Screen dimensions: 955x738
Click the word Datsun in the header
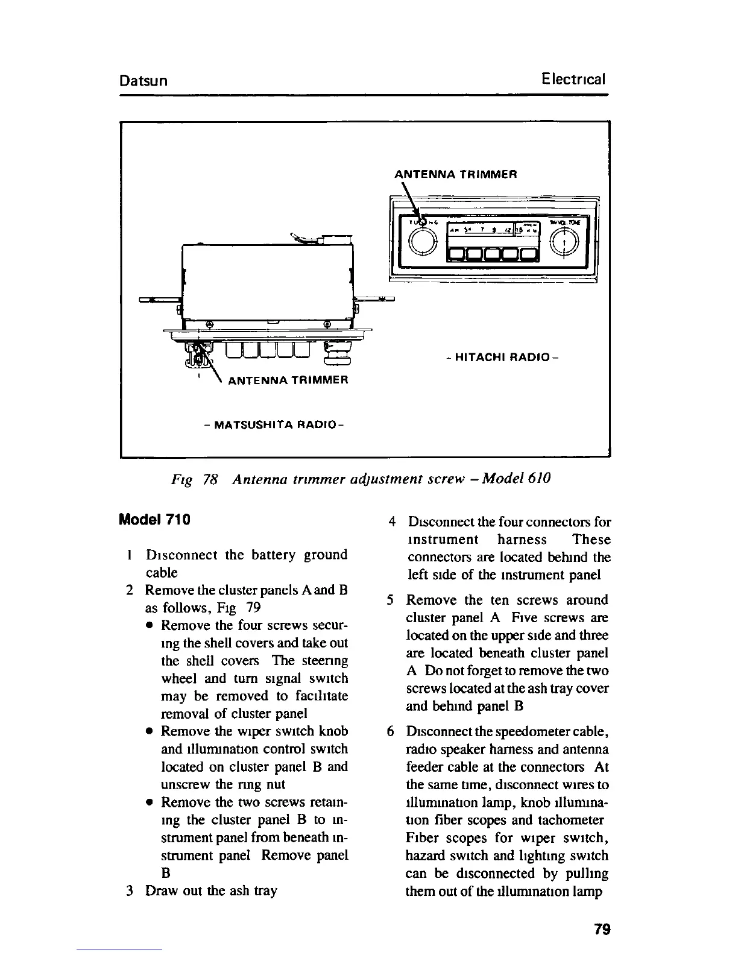(143, 80)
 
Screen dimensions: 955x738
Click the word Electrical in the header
(573, 79)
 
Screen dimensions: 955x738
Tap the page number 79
(602, 929)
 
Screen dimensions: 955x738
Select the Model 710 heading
(155, 518)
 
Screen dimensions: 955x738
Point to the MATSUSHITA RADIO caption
(274, 424)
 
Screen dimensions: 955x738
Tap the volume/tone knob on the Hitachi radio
(565, 241)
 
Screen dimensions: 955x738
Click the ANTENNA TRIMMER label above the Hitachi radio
(455, 174)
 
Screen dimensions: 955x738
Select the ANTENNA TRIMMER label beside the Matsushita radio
(288, 380)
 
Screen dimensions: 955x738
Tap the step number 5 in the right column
(391, 600)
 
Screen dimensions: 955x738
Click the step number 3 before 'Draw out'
(131, 890)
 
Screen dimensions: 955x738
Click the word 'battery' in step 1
(276, 555)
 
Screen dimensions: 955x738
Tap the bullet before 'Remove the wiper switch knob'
(148, 732)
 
